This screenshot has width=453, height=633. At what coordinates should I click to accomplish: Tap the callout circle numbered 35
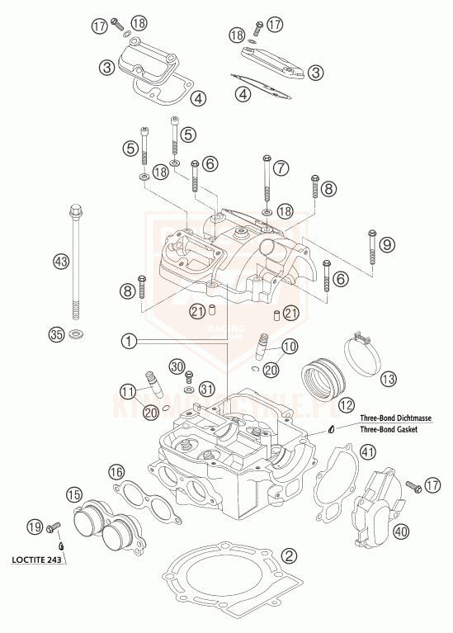click(56, 334)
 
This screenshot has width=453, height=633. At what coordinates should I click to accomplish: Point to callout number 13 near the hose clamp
click(389, 379)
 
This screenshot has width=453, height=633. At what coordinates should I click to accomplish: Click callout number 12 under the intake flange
click(346, 405)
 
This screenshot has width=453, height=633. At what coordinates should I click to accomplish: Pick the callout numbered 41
click(367, 451)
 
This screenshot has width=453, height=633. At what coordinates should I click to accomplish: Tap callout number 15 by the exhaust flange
click(74, 495)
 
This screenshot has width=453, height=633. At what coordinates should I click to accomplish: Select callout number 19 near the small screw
click(33, 527)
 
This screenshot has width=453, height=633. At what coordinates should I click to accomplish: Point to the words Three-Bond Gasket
click(386, 430)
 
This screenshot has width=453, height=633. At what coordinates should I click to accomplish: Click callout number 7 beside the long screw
click(282, 168)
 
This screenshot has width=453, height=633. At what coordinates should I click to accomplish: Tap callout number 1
click(128, 339)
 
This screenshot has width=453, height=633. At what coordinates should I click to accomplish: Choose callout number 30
click(176, 366)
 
